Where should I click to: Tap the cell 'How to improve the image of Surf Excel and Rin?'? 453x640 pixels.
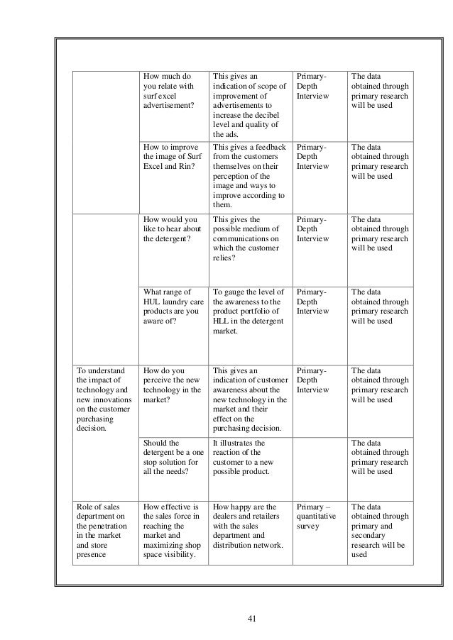coord(170,157)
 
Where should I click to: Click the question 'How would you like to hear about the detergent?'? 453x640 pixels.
coord(170,229)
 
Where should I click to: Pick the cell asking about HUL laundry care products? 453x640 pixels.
coord(170,306)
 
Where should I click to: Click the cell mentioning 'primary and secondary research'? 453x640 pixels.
coord(380,531)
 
